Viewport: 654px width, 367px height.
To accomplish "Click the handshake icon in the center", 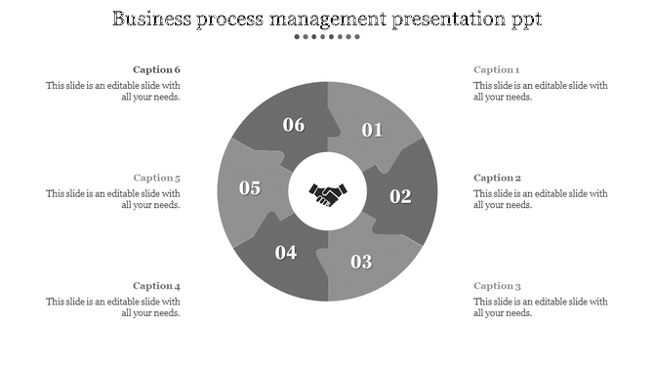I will tap(327, 194).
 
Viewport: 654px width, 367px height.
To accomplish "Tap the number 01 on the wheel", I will tap(373, 130).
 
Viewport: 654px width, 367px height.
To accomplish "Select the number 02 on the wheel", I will tap(401, 196).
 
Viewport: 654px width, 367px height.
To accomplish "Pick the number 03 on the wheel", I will tap(362, 261).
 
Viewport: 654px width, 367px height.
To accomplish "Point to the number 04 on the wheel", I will tap(285, 253).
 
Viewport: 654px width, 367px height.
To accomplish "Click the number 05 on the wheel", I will tap(250, 188).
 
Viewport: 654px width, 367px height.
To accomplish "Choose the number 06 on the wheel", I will tap(293, 125).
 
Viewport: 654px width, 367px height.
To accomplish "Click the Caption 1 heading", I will tap(497, 70).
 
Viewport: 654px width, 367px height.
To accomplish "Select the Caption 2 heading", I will tap(497, 178).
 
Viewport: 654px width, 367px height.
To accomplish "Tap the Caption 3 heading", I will tap(497, 286).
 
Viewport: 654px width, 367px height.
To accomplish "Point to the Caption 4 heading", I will tap(157, 286).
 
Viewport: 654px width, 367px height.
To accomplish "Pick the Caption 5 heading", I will tap(157, 178).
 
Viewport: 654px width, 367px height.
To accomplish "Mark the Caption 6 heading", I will tap(157, 70).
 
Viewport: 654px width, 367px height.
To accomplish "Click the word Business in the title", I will tap(156, 19).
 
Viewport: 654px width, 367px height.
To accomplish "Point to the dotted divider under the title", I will tap(327, 37).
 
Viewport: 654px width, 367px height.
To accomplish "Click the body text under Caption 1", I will tap(541, 91).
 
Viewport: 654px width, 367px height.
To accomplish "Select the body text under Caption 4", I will tap(113, 307).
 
